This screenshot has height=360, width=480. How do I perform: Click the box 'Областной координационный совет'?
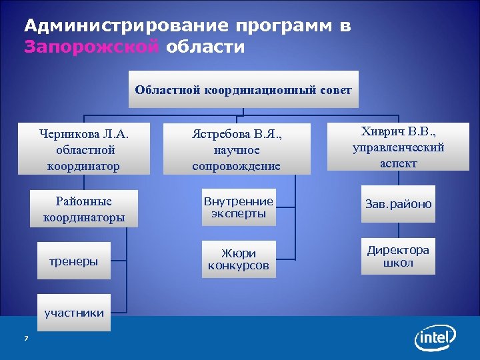[243, 89]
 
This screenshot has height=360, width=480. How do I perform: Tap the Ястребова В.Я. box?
[236, 149]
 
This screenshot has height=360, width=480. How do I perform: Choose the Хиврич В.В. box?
[398, 147]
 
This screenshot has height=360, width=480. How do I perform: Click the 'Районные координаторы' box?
[83, 209]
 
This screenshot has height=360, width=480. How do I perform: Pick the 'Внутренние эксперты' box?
[238, 207]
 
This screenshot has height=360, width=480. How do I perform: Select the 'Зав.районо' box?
[398, 204]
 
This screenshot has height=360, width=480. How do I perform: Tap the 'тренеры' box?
[73, 261]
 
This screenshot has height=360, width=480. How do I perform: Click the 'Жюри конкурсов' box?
[238, 259]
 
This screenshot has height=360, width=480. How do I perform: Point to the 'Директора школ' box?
[398, 257]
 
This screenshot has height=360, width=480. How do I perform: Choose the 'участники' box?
[73, 311]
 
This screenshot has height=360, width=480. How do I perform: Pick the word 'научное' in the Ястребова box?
[236, 150]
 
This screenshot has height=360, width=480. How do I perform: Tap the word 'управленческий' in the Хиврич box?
[398, 147]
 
